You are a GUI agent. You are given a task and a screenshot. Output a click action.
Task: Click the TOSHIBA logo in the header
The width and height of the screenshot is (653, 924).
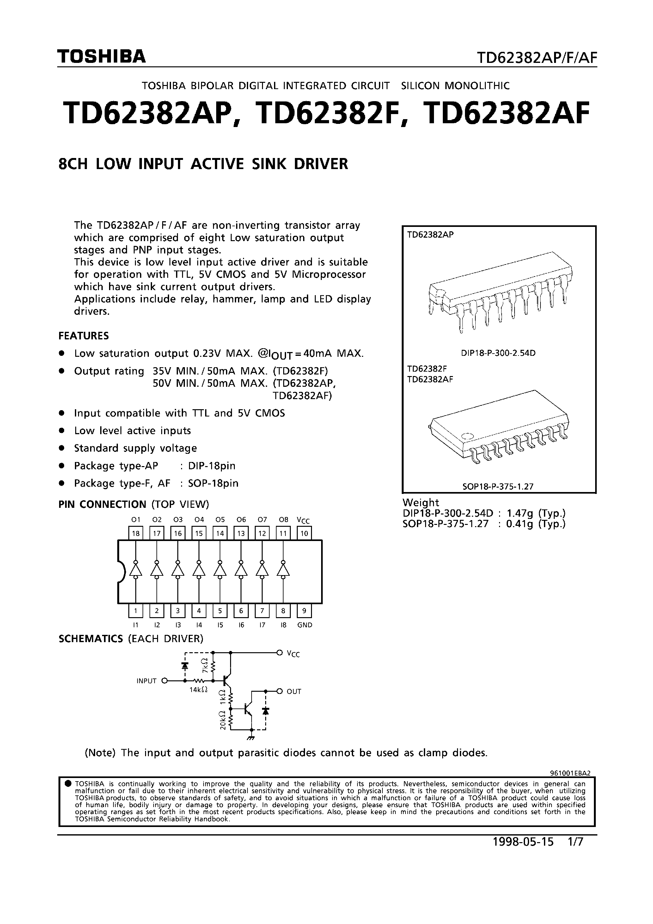coord(101,57)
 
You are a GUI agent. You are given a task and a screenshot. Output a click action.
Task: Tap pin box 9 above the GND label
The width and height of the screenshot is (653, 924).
coord(304,611)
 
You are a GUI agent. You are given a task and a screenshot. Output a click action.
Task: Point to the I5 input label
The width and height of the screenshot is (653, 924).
coord(220,625)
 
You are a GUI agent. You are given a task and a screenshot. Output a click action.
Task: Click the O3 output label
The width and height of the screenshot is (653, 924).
coord(178,520)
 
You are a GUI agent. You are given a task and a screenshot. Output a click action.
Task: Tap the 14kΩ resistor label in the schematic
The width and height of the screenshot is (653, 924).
coord(198,690)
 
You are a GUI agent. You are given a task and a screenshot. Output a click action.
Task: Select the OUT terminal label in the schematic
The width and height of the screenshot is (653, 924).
coord(294,691)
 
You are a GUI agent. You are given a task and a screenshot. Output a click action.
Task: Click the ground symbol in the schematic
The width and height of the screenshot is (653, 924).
coord(251,738)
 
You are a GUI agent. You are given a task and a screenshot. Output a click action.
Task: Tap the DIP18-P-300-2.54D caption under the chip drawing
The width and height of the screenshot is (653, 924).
coord(498,353)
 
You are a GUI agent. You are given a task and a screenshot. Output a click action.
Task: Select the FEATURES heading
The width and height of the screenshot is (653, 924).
coord(83,336)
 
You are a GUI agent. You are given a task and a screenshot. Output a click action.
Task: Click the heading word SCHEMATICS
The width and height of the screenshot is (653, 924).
coord(91,639)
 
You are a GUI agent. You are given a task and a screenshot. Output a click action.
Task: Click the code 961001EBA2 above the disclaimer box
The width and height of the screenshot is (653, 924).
coord(570,773)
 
